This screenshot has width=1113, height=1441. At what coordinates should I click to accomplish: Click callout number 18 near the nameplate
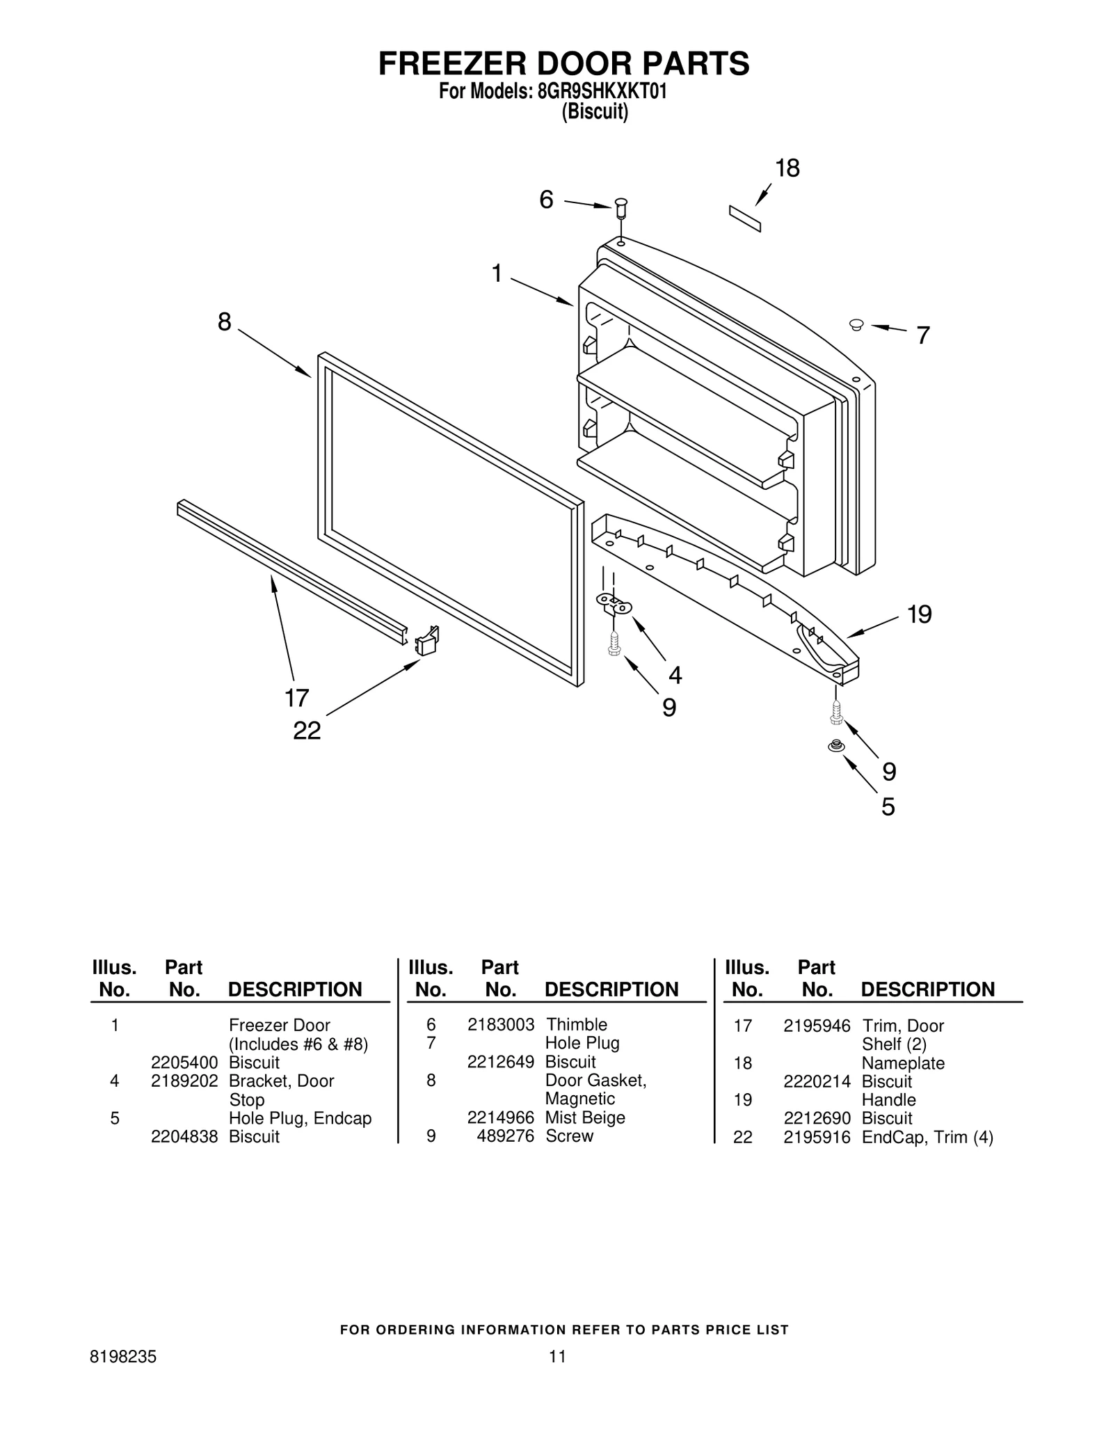[x=787, y=168]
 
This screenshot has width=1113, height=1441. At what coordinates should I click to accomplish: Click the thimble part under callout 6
[x=620, y=206]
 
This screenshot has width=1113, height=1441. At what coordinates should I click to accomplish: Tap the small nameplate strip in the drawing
[x=744, y=218]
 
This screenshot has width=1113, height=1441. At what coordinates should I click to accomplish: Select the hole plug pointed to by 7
[x=856, y=324]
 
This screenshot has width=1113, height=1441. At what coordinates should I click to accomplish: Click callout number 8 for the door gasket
[x=224, y=321]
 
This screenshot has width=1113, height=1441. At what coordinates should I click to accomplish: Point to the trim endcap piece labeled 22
[x=427, y=641]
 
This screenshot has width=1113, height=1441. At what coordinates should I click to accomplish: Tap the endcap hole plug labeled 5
[x=835, y=746]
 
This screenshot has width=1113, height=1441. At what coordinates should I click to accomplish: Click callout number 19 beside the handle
[x=919, y=614]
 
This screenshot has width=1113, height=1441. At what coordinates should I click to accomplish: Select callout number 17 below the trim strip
[x=296, y=697]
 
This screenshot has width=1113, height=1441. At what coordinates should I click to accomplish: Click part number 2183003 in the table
[x=500, y=1024]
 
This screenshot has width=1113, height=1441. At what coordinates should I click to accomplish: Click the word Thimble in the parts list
[x=576, y=1024]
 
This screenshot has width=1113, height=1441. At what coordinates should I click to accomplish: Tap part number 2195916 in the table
[x=817, y=1137]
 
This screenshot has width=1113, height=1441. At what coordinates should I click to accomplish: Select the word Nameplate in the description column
[x=903, y=1063]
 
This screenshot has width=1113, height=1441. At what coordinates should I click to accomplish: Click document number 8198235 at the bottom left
[x=123, y=1356]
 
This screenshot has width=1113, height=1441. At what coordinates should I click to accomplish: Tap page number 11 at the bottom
[x=556, y=1356]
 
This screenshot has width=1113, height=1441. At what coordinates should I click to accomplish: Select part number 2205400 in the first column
[x=184, y=1062]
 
